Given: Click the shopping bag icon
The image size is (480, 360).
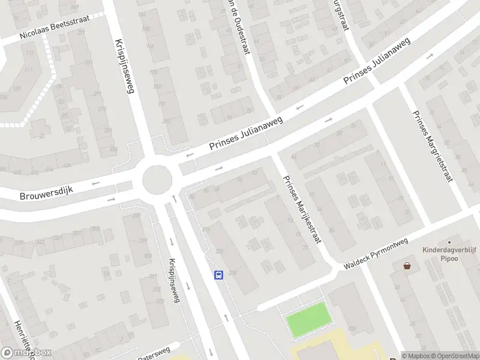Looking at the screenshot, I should [407, 265].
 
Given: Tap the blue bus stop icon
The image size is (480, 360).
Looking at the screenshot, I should [219, 275].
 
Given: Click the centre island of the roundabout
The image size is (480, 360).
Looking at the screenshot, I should [157, 178].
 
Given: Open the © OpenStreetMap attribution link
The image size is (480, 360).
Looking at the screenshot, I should [451, 355].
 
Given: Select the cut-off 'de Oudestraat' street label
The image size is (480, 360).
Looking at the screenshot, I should [238, 27].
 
